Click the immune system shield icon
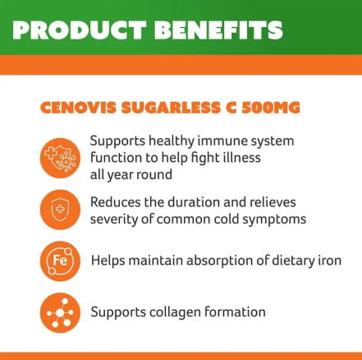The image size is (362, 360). [x=60, y=157]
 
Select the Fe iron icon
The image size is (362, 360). [x=60, y=261]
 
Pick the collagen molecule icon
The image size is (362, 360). [x=60, y=312]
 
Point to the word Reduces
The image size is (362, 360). [x=116, y=202]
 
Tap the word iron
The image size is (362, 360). [x=328, y=261]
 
